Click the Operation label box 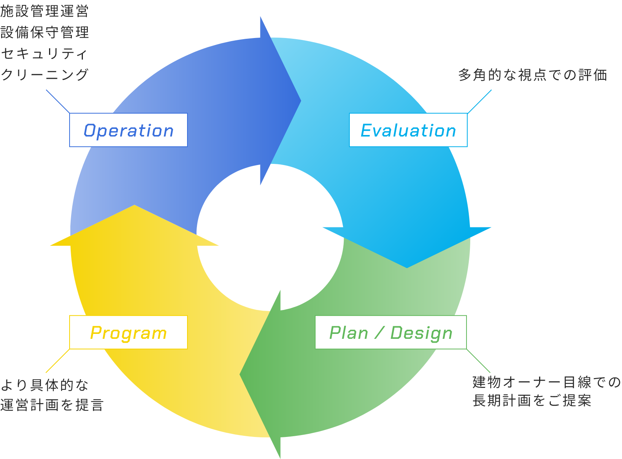click(129, 130)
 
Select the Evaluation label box click(408, 130)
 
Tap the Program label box click(129, 332)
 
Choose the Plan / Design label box click(390, 332)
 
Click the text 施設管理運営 click(44, 11)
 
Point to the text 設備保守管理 click(44, 32)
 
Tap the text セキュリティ click(44, 54)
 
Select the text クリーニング click(44, 75)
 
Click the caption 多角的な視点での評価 click(532, 75)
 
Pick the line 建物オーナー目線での click(546, 382)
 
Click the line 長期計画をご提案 click(532, 400)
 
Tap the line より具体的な click(44, 385)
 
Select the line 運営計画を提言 click(52, 405)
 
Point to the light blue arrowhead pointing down click(407, 247)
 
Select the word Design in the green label click(422, 333)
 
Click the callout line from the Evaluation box click(479, 102)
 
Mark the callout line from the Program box click(58, 361)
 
